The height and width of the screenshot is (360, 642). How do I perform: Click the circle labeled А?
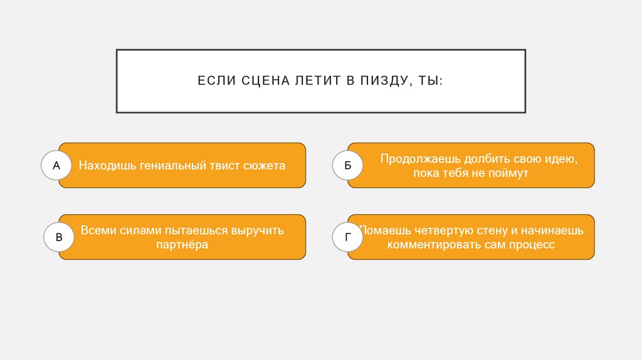coord(57,166)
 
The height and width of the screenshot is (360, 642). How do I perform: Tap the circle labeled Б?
coord(347,166)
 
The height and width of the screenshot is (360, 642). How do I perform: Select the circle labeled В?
coord(59,238)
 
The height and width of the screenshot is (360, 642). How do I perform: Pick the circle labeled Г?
coord(348,238)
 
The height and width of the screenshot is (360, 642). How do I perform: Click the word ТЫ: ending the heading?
coord(431,82)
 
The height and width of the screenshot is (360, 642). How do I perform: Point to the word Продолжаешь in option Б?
coord(416,159)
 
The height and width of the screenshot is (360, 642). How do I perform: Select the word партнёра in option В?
coord(182,245)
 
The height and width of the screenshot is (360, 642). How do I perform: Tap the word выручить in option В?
coord(258,231)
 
